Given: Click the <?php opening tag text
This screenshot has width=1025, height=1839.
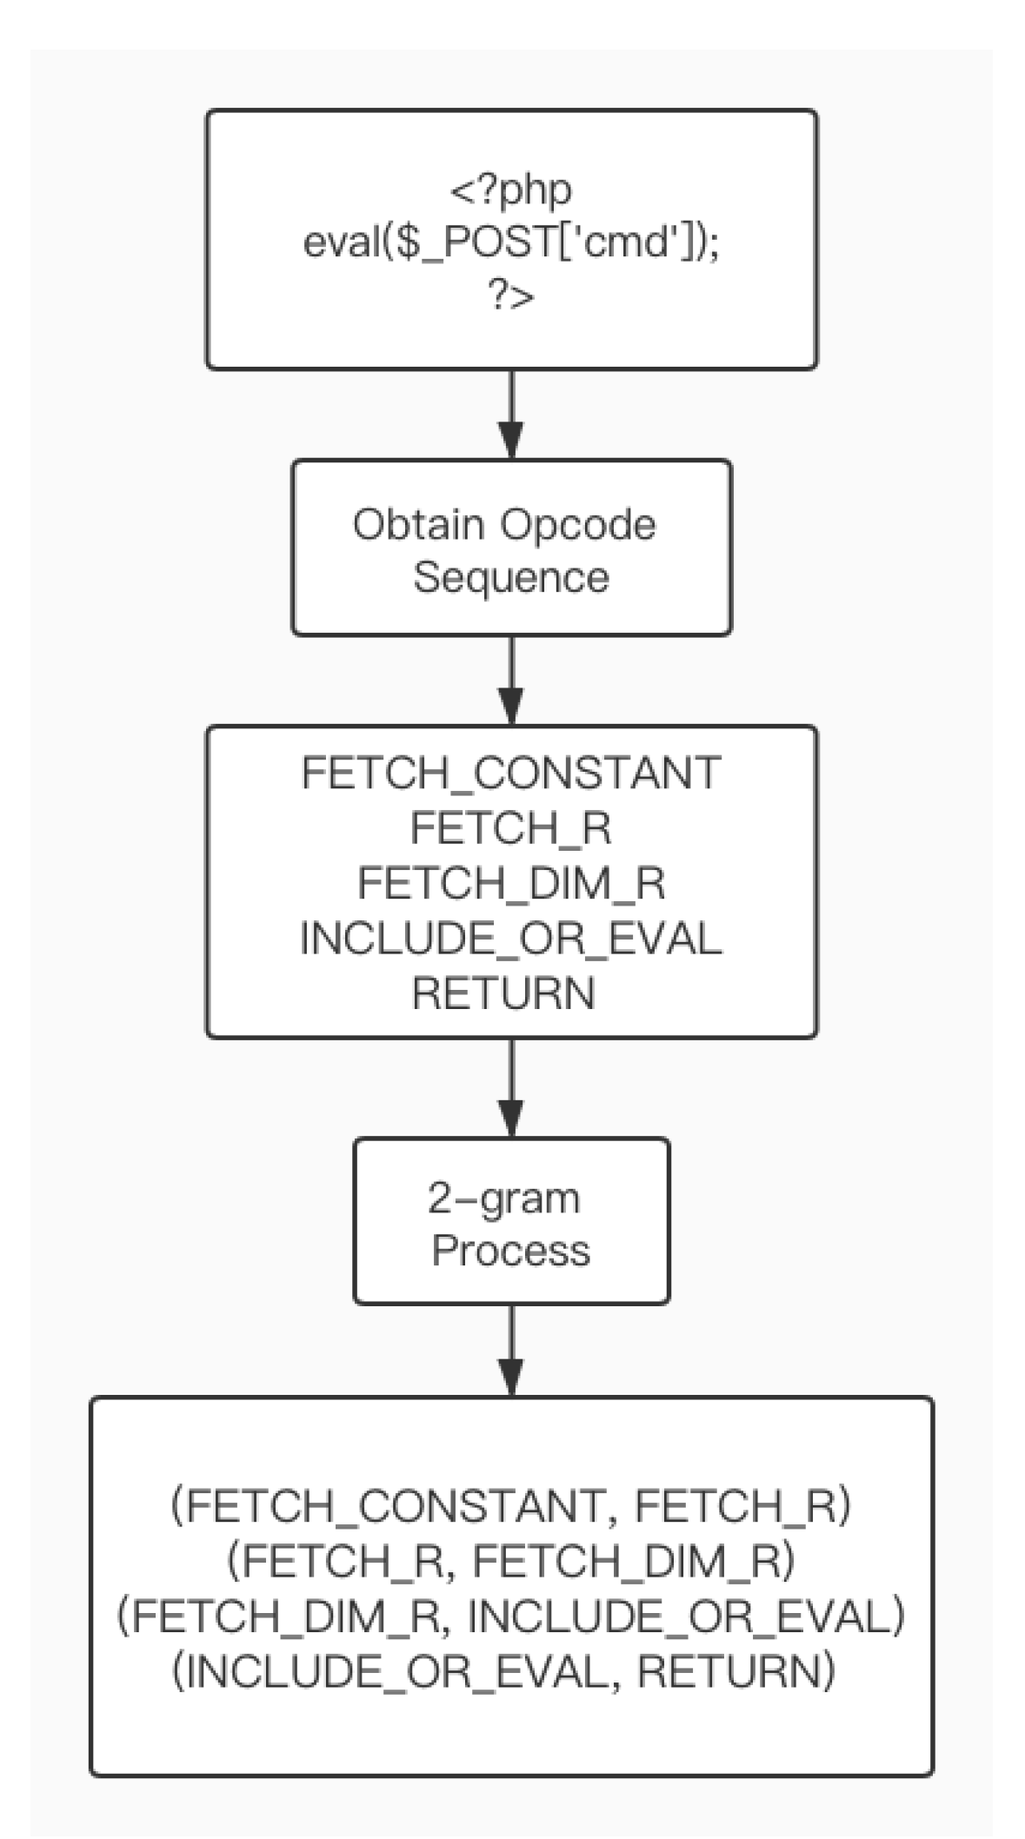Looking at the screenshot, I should click(x=511, y=189).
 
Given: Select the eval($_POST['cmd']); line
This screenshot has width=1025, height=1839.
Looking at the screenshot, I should click(x=511, y=243).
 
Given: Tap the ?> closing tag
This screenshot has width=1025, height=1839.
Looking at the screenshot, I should click(x=511, y=297).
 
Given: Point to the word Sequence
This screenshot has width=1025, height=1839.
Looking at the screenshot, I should click(x=511, y=578).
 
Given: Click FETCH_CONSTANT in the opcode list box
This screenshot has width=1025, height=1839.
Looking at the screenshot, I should click(x=511, y=773).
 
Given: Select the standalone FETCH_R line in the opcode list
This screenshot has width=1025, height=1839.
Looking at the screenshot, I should click(x=511, y=828).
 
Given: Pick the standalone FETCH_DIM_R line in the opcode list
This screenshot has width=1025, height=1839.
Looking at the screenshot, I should click(x=511, y=884).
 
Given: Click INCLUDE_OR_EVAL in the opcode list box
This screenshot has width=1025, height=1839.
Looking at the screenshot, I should click(x=511, y=939).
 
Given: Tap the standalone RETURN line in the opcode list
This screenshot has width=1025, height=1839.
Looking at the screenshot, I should click(x=504, y=993).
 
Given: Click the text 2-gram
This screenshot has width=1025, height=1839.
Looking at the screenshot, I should click(x=504, y=1198).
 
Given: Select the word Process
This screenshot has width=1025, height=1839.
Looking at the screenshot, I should click(x=511, y=1251).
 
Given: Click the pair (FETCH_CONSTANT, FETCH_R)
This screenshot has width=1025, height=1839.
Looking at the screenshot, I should click(x=511, y=1506).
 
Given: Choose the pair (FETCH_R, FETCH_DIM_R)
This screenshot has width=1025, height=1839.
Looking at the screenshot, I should click(x=511, y=1562).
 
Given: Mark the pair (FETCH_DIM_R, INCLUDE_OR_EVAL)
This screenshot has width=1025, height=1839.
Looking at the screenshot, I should click(x=511, y=1617).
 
